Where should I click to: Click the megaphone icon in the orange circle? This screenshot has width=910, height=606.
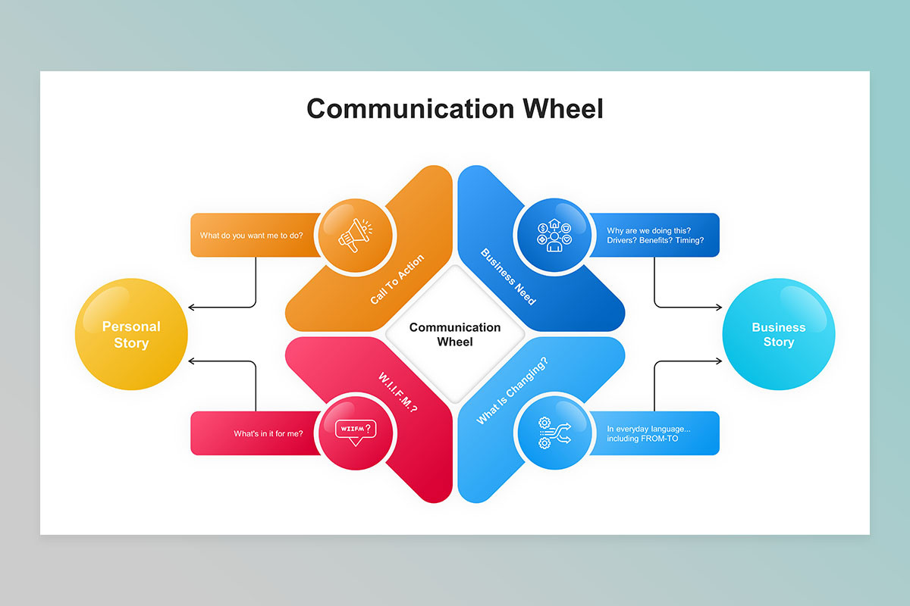click(356, 236)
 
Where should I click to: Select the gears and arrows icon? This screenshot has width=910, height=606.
click(554, 433)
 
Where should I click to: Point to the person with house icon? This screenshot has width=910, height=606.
click(554, 236)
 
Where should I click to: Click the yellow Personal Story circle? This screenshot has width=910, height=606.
click(131, 334)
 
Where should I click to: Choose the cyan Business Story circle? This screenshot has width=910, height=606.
click(779, 334)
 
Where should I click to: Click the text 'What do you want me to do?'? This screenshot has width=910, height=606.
click(252, 236)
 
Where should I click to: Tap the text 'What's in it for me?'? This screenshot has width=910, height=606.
click(268, 433)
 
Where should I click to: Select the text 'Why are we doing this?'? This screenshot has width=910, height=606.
click(649, 230)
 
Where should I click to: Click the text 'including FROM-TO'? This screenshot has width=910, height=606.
click(642, 439)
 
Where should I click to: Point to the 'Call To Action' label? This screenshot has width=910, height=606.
click(397, 280)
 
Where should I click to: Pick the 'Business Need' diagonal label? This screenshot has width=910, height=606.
click(508, 276)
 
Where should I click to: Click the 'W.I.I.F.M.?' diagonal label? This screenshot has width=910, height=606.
click(397, 392)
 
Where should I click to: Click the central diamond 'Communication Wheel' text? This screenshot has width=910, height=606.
click(455, 335)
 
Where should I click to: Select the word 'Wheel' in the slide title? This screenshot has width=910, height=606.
click(563, 109)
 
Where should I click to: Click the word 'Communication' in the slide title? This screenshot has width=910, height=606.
click(410, 109)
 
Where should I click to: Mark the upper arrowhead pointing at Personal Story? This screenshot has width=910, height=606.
click(190, 308)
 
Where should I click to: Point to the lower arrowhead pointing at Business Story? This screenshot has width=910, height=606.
click(720, 361)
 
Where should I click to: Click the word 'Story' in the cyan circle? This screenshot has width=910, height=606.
click(779, 342)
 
